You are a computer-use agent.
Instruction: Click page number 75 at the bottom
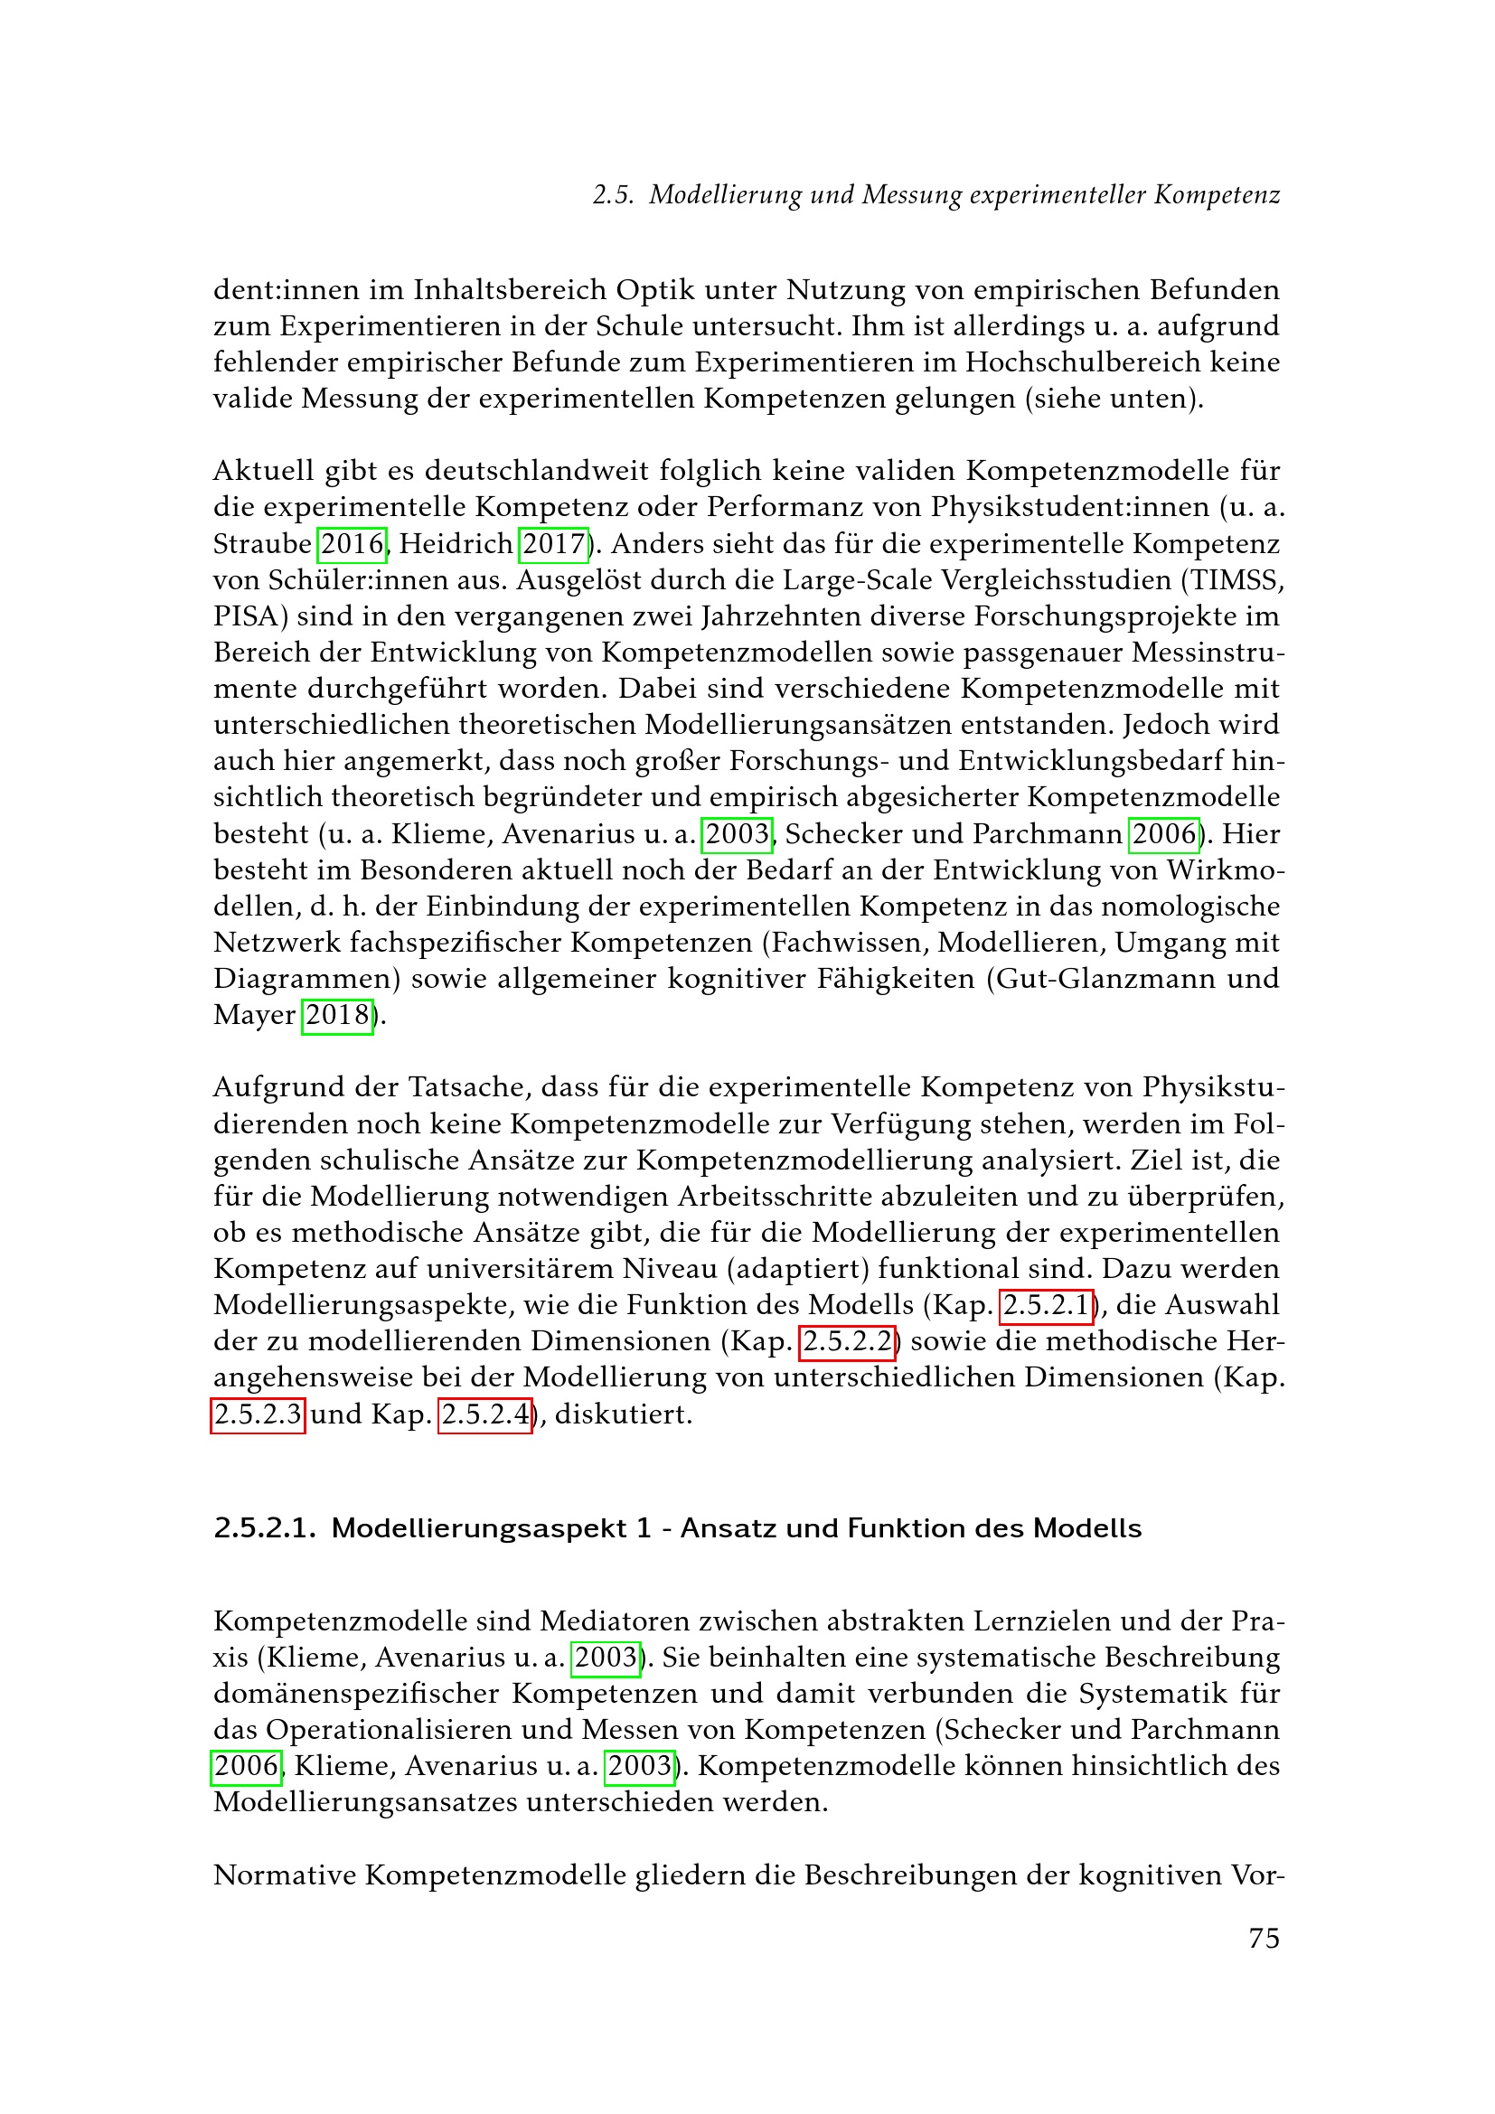(1263, 1937)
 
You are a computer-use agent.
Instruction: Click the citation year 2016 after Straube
(352, 543)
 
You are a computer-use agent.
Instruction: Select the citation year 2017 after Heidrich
(553, 543)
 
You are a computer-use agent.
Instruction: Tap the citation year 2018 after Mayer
(338, 1015)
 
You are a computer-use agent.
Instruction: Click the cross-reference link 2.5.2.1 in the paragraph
(1046, 1305)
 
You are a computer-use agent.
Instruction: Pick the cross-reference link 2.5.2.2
(847, 1340)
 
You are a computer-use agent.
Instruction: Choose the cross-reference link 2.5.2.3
(258, 1414)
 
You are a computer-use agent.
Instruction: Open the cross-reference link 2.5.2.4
(485, 1414)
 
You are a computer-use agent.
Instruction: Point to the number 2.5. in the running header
(613, 195)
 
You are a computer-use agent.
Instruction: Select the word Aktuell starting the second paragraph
(263, 471)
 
